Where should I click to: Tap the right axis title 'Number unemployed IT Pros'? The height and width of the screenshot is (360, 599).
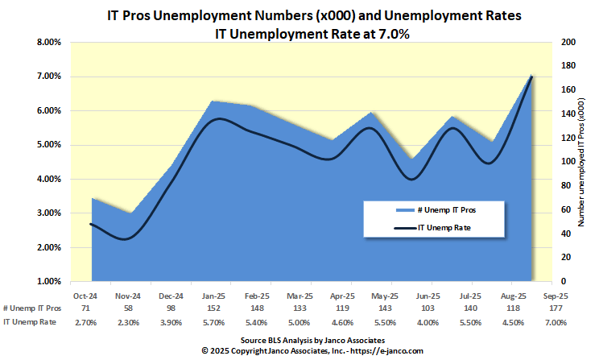[x=582, y=161]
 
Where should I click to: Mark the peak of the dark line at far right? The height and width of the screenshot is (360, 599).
[x=531, y=77]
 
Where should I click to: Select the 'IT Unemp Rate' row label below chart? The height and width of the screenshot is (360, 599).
[x=29, y=321]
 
